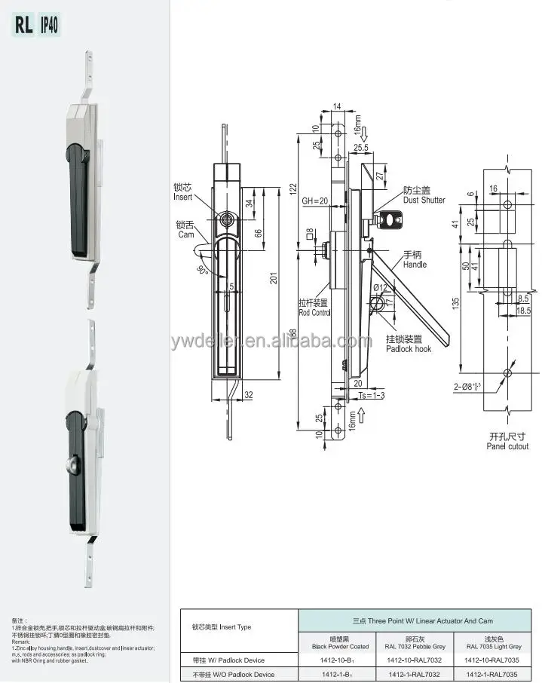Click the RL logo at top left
point(21,25)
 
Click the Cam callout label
point(185,229)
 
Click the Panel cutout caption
point(507,442)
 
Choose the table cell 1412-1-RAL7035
point(492,674)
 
